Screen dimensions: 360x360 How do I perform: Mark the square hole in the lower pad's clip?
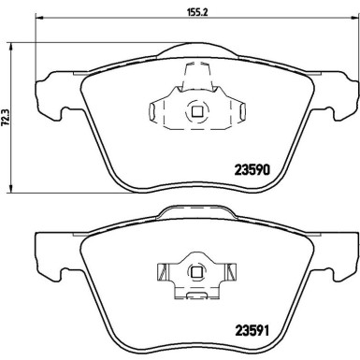(x=196, y=273)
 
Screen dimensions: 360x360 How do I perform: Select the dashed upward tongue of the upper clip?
(x=196, y=77)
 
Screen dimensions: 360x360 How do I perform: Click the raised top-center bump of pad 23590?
(x=196, y=53)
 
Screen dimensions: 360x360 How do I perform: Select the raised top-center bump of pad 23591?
(x=196, y=212)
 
